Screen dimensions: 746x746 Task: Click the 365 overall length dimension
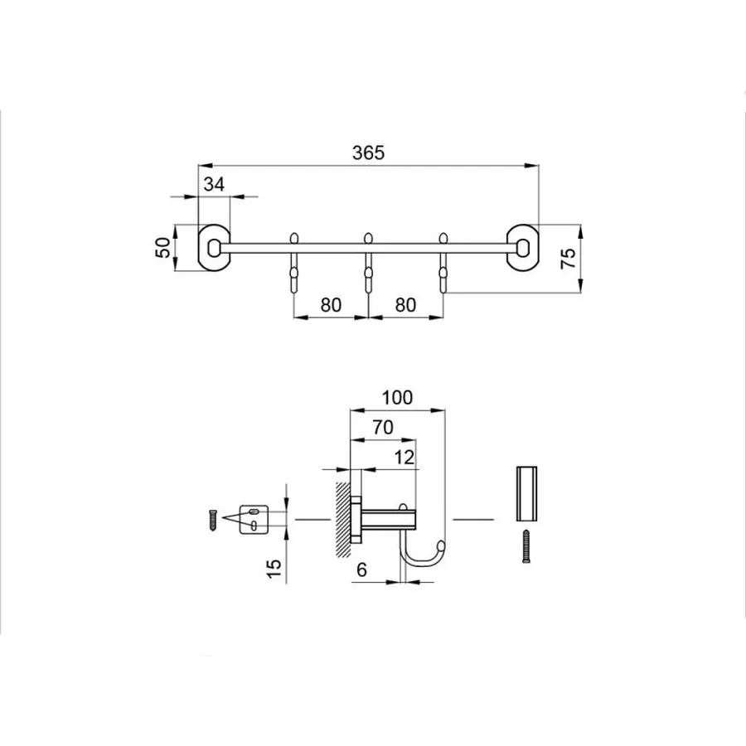(369, 153)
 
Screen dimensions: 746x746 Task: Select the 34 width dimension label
(214, 185)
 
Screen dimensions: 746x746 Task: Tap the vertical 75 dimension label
(568, 259)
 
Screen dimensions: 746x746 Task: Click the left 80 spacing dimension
(331, 304)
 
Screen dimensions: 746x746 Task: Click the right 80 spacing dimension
(404, 304)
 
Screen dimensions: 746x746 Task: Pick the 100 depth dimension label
(397, 397)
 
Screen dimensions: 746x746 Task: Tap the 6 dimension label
(361, 570)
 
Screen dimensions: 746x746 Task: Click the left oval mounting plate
(215, 247)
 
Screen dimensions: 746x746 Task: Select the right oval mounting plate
(524, 247)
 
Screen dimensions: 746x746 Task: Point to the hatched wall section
(342, 518)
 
